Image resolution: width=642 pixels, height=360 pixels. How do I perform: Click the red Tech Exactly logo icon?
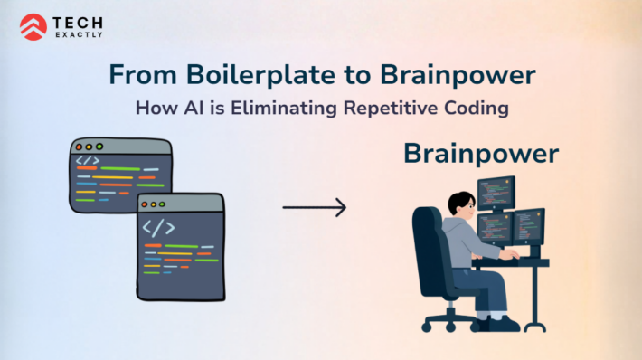(x=33, y=27)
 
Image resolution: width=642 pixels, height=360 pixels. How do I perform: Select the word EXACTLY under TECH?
(x=78, y=35)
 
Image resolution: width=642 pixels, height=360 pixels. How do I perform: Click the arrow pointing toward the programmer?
(x=314, y=208)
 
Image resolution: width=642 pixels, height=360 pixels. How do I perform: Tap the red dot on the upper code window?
(x=79, y=146)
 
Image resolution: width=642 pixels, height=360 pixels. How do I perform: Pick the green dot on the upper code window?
(x=99, y=146)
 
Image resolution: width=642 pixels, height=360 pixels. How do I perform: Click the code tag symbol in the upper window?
(x=89, y=161)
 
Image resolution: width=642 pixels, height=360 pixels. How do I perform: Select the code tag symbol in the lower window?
(x=157, y=226)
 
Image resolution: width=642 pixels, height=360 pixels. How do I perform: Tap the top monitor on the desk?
(x=496, y=193)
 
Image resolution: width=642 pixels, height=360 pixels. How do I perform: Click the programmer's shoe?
(x=504, y=323)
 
